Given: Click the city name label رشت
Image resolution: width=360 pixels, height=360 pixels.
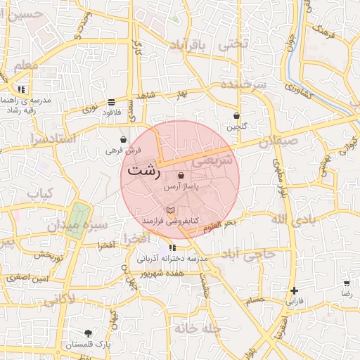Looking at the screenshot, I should [x=145, y=171].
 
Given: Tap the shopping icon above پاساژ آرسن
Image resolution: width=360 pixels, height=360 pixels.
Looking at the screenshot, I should [x=181, y=176].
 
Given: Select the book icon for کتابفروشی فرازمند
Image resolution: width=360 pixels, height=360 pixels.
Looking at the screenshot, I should [x=169, y=210].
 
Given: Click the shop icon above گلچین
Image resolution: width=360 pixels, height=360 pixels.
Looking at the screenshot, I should [x=237, y=116].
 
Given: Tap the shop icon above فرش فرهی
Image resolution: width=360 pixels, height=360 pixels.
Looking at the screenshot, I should [x=124, y=140].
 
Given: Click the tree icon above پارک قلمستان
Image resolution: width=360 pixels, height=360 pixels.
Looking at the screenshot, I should [x=89, y=333].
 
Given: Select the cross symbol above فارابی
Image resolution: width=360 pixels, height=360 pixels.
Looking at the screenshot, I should [x=294, y=290].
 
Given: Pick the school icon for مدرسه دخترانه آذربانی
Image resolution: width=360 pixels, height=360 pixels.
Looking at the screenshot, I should [x=172, y=248].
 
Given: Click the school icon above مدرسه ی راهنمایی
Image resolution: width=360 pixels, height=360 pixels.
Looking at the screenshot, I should [x=22, y=89].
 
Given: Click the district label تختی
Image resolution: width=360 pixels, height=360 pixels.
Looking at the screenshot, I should [x=234, y=44].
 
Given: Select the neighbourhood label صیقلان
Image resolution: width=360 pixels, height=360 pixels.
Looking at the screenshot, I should [x=278, y=141].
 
